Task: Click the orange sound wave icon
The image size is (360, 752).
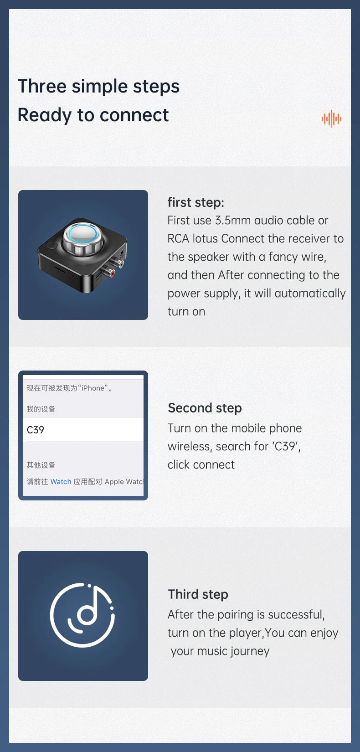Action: point(331,118)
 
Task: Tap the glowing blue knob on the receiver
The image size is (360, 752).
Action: point(80,234)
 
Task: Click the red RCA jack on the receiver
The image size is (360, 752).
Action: point(111,273)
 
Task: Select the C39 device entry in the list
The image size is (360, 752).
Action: point(83,429)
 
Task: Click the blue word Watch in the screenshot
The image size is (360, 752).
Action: point(61,482)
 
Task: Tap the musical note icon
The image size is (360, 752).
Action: point(82,615)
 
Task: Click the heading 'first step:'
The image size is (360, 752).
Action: point(196,202)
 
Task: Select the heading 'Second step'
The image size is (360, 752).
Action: point(205,408)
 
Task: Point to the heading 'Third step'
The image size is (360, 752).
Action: point(198,594)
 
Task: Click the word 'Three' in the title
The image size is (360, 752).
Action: point(42,86)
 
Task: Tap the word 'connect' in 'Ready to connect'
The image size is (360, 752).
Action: point(134,115)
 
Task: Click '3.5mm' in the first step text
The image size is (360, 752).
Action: point(233,221)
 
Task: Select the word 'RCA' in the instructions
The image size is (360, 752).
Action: point(178,239)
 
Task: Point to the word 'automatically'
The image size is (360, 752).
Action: point(310,294)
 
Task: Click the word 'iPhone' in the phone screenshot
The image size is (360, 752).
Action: point(93,388)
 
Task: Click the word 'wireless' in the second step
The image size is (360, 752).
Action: point(190,447)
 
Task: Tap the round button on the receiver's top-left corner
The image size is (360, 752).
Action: point(52,246)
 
